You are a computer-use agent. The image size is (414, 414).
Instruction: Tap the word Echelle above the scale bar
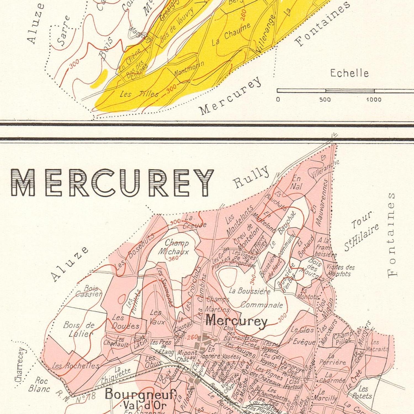[x=349, y=73]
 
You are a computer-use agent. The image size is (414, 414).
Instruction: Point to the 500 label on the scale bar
[x=325, y=99]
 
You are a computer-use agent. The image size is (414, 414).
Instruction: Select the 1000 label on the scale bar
[x=374, y=99]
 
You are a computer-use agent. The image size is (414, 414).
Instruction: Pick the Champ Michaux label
[x=174, y=247]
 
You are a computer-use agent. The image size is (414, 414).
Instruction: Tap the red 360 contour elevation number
[x=173, y=258]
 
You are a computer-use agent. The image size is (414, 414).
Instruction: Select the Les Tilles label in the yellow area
[x=139, y=94]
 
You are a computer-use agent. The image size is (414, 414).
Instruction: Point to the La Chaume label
[x=231, y=34]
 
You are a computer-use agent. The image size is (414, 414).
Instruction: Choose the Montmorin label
[x=189, y=68]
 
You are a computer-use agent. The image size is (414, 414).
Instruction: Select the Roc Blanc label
[x=39, y=385]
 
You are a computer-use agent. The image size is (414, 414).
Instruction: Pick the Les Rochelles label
[x=76, y=366]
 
